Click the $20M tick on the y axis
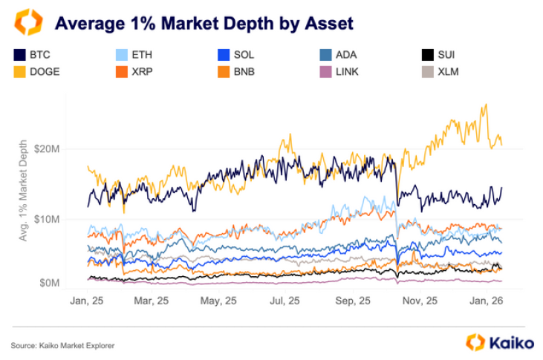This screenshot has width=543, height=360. coord(56,149)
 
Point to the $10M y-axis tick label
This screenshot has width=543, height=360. coord(56,219)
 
